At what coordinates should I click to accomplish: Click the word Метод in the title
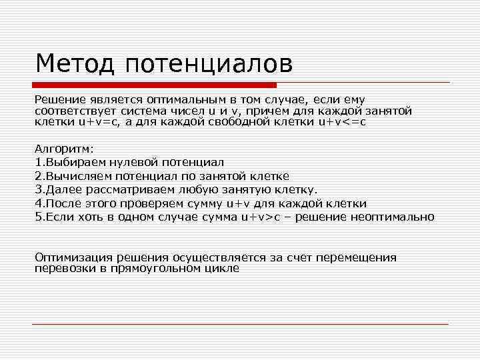click(73, 64)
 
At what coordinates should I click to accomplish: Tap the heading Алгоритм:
click(65, 149)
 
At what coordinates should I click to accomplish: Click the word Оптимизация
click(73, 257)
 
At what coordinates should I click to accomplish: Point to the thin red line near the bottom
click(240, 325)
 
